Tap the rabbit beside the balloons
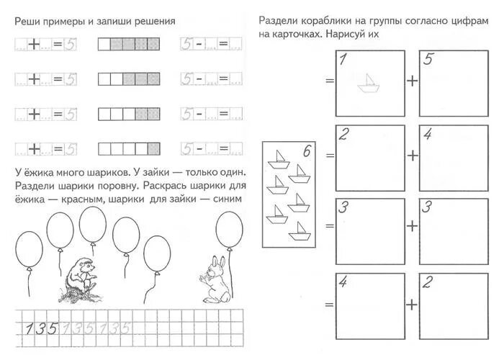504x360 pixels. point(215,279)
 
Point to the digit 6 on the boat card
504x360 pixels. point(307,151)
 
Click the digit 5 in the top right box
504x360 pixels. point(428,60)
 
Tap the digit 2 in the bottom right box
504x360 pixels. point(428,282)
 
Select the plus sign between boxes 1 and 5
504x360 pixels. point(412,80)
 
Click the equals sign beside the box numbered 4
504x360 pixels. point(330,305)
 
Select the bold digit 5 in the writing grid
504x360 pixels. point(53,329)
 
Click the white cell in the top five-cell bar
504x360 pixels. point(104,45)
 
